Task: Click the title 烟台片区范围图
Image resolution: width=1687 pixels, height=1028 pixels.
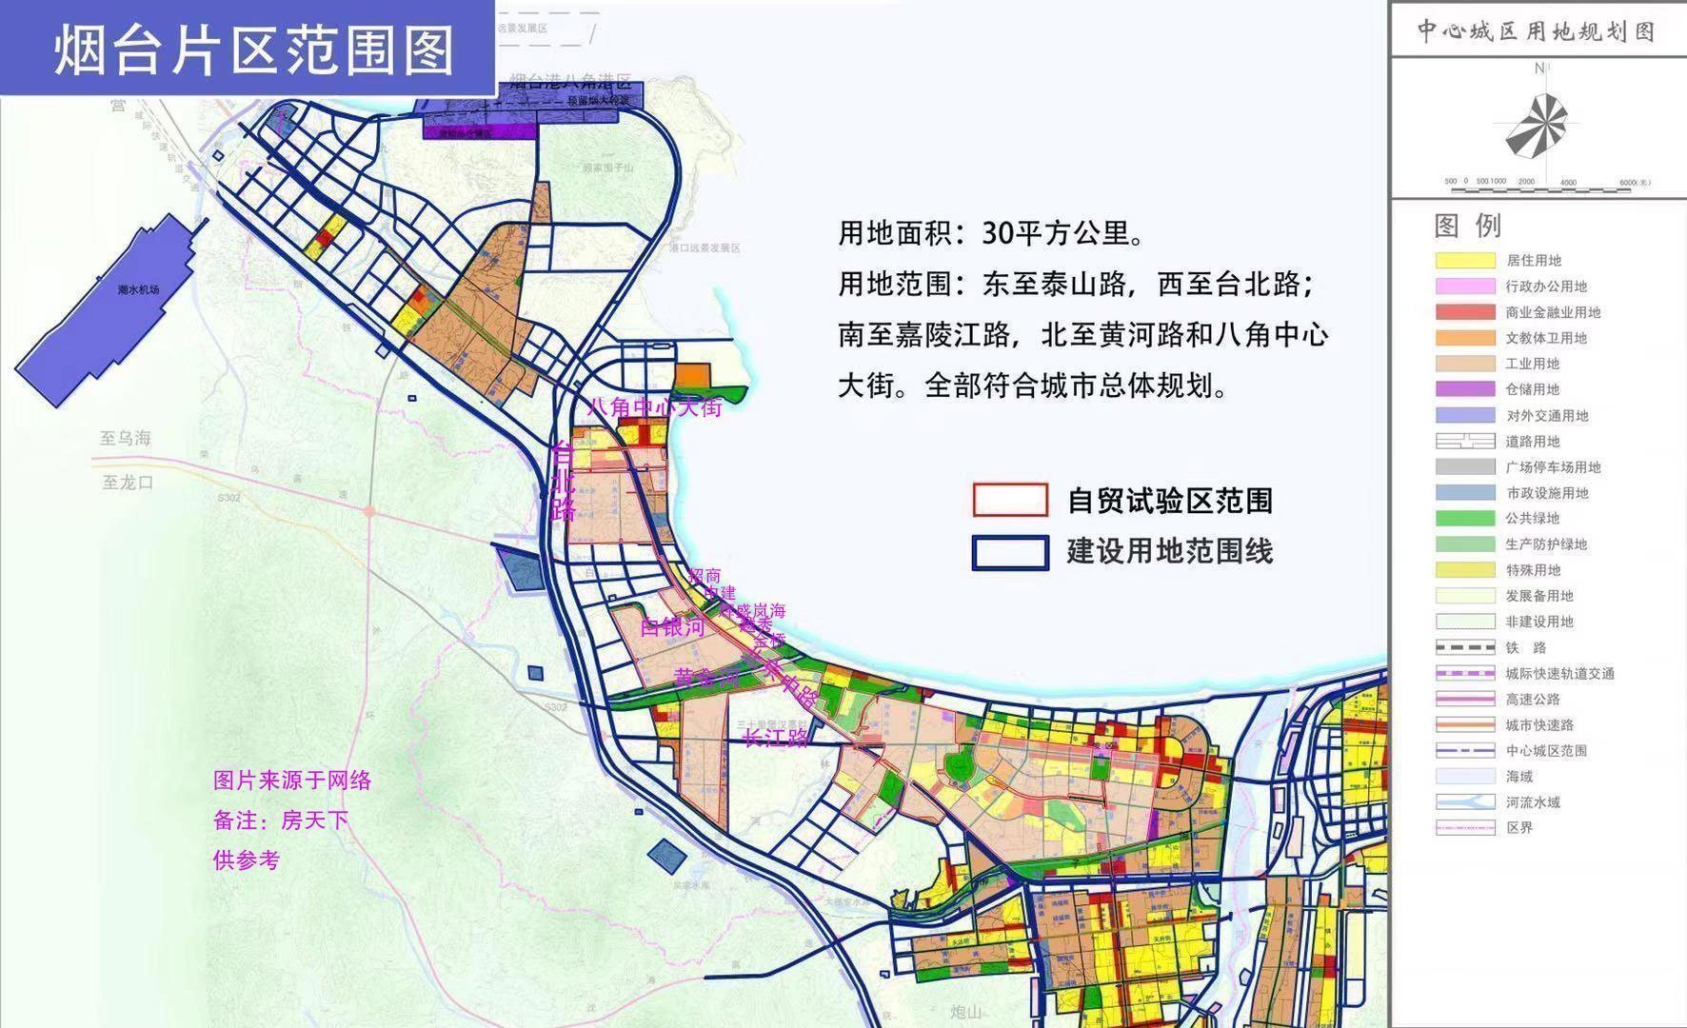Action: pyautogui.click(x=253, y=50)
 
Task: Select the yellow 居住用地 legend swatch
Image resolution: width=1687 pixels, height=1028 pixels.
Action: pyautogui.click(x=1465, y=261)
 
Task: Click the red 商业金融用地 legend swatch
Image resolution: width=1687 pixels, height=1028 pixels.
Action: pyautogui.click(x=1465, y=312)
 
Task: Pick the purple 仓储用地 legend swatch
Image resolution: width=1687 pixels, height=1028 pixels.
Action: pyautogui.click(x=1465, y=389)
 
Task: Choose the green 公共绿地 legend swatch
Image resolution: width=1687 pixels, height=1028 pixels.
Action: pyautogui.click(x=1465, y=519)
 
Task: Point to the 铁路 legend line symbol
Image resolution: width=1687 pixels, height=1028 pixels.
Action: pyautogui.click(x=1465, y=648)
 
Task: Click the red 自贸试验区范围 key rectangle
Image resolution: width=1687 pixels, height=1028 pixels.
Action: pyautogui.click(x=1010, y=501)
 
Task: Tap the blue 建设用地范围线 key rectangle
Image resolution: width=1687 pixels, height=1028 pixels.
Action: pyautogui.click(x=1010, y=552)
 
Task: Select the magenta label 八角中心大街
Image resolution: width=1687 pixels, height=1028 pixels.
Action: pyautogui.click(x=654, y=408)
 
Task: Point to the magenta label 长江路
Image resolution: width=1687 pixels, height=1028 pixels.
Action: pyautogui.click(x=776, y=737)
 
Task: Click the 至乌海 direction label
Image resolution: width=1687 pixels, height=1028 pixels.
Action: pyautogui.click(x=126, y=439)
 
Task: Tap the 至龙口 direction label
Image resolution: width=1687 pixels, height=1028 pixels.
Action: pyautogui.click(x=128, y=483)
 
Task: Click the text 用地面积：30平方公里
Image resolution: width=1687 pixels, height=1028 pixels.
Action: pyautogui.click(x=991, y=233)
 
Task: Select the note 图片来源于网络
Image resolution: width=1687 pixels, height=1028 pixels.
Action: pyautogui.click(x=292, y=781)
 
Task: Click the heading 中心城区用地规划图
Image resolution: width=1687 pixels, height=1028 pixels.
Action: pyautogui.click(x=1536, y=31)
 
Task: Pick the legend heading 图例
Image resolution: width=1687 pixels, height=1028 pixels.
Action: pyautogui.click(x=1467, y=226)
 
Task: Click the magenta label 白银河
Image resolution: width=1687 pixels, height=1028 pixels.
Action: pyautogui.click(x=672, y=627)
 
